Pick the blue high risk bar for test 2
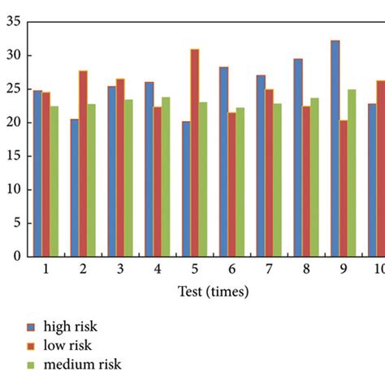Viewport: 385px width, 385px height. click(75, 188)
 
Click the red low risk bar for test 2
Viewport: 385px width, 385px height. click(83, 163)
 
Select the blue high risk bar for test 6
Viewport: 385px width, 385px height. click(223, 162)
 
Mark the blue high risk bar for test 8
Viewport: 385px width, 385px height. click(298, 158)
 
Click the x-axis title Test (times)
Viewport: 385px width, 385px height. click(213, 291)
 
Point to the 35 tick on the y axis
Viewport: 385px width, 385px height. click(13, 22)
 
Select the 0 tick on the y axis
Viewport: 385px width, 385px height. click(16, 257)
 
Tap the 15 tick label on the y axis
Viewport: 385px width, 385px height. click(13, 156)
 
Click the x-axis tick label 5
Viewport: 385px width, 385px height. click(194, 269)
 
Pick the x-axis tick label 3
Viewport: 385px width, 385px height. click(119, 269)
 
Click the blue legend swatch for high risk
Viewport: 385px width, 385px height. click(32, 327)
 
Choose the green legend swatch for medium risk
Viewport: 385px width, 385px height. click(32, 365)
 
